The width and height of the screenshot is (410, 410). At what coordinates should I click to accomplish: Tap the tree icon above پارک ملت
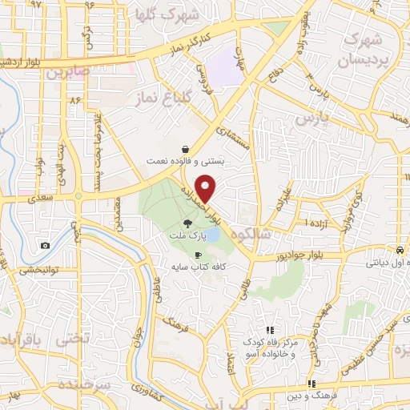point(187,225)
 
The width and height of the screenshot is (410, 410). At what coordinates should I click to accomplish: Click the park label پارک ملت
point(187,237)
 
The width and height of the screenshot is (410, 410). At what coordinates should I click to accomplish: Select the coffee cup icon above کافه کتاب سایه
point(198,254)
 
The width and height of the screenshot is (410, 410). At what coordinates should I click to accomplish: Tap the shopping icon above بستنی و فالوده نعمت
point(185,149)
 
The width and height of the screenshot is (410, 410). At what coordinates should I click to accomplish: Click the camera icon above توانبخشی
point(45,245)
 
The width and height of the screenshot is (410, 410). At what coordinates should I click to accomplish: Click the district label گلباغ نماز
point(149,98)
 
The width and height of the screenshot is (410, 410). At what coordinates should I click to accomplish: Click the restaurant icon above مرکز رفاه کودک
point(270,330)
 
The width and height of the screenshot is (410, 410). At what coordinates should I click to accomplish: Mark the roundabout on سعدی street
point(78,195)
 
